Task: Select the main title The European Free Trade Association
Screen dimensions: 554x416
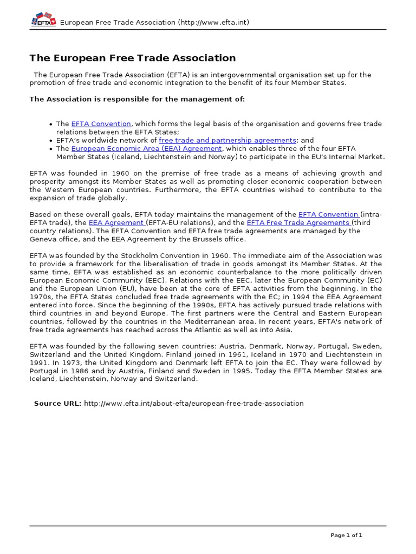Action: point(133,58)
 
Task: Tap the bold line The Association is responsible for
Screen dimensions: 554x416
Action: point(137,99)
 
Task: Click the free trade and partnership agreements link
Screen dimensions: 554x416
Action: point(227,140)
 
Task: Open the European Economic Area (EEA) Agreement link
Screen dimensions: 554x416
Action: point(146,148)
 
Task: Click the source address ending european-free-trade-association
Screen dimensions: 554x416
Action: point(194,404)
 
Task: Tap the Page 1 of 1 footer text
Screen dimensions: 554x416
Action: point(346,535)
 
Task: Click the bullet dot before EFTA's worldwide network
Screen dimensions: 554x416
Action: point(50,141)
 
